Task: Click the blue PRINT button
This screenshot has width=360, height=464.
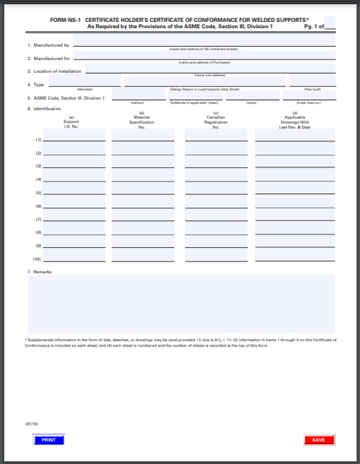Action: [48, 440]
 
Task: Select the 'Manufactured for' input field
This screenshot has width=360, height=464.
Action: [203, 55]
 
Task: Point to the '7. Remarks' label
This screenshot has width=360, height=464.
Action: [40, 271]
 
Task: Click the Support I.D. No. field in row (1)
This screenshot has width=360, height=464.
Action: [74, 137]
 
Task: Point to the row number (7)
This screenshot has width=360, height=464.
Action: [38, 220]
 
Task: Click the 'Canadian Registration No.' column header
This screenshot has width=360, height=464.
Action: [216, 120]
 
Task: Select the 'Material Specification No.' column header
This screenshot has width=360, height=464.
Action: [142, 120]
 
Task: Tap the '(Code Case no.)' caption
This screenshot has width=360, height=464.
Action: [308, 102]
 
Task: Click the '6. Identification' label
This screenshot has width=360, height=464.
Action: [43, 109]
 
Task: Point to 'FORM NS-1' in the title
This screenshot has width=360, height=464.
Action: [65, 20]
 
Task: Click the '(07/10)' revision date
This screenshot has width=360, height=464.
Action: [32, 424]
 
